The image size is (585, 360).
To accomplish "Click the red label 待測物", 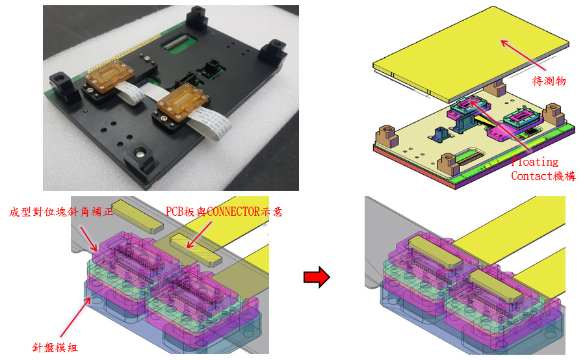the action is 549,81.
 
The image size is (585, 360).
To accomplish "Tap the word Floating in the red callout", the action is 535,162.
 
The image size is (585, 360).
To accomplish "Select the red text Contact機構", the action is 543,175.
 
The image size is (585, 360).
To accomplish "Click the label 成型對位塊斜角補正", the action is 61,212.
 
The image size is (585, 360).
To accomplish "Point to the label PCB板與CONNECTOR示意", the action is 224,212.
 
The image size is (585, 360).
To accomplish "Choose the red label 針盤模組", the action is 55,348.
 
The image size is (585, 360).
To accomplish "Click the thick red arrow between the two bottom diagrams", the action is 317,277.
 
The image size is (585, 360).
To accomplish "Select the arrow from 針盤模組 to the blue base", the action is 75,317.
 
